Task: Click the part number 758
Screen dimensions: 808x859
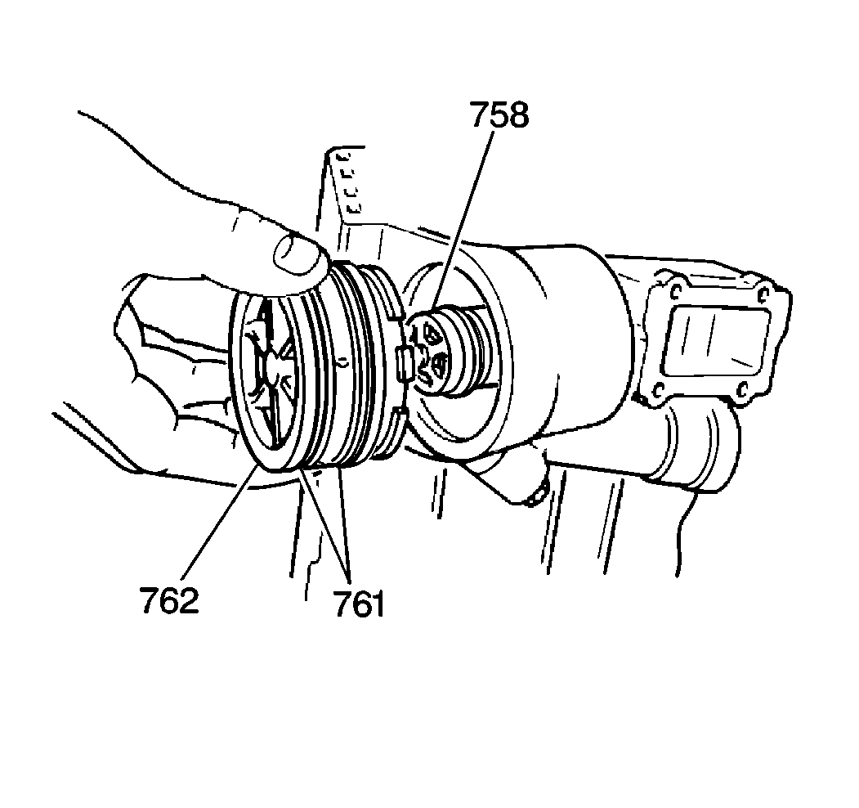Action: click(x=499, y=115)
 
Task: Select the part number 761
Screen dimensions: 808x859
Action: click(x=357, y=605)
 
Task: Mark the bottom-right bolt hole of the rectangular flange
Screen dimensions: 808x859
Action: click(x=742, y=391)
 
